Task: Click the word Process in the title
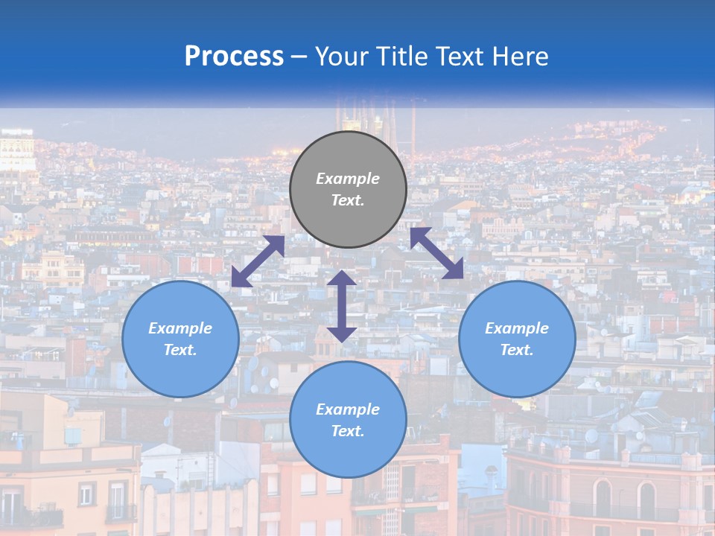coord(234,57)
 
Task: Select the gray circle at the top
coord(348,189)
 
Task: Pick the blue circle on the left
coord(180,339)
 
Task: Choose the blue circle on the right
coord(517,339)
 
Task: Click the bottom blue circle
coord(348,420)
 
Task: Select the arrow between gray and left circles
coord(258,261)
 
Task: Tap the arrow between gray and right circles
coord(437,253)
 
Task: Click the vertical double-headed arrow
coord(342,306)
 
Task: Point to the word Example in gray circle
coord(348,179)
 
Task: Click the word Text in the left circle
coord(180,350)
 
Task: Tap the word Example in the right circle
coord(517,328)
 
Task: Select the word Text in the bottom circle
coord(348,431)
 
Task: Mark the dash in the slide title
coord(299,57)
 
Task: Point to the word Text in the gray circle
coord(348,200)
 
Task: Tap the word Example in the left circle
coord(180,328)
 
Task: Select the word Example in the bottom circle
coord(348,409)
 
